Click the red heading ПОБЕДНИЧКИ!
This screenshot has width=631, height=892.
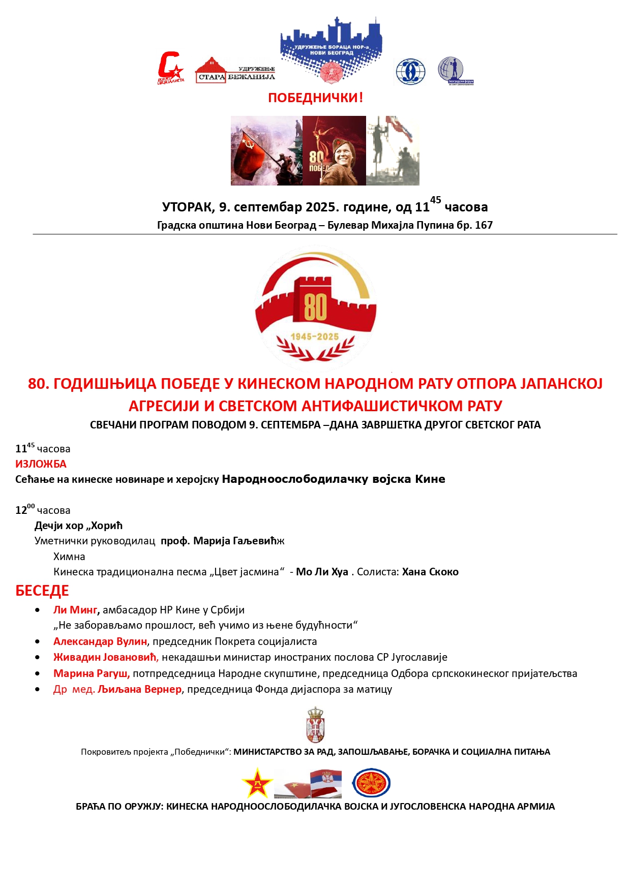coord(315,98)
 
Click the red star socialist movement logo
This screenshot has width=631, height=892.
coord(170,68)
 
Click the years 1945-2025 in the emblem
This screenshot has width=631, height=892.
coord(315,336)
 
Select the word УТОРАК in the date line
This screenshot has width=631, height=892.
coord(187,207)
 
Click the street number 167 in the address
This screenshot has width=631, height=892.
coord(484,225)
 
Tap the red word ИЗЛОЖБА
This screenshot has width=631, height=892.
coord(41,464)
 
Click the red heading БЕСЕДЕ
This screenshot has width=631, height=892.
coord(42,591)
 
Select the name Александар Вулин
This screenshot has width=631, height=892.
coord(100,641)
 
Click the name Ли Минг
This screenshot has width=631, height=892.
coord(75,610)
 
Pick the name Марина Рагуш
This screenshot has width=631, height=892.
coord(92,673)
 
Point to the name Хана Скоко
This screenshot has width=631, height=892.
coord(430,572)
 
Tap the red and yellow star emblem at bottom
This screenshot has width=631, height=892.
coord(257,783)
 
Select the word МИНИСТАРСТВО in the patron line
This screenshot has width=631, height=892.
coord(267,752)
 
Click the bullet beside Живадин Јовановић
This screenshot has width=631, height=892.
coord(38,658)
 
